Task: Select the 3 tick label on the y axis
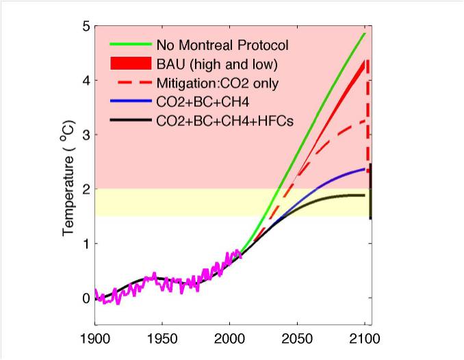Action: [85, 135]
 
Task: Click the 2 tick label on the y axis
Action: [85, 190]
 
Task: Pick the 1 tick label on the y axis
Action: [85, 244]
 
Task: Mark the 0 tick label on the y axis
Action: [85, 298]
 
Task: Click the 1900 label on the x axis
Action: [94, 339]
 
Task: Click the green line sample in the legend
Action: [129, 44]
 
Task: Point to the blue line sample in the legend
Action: [129, 101]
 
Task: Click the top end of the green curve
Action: [365, 33]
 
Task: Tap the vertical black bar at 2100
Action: [370, 192]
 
